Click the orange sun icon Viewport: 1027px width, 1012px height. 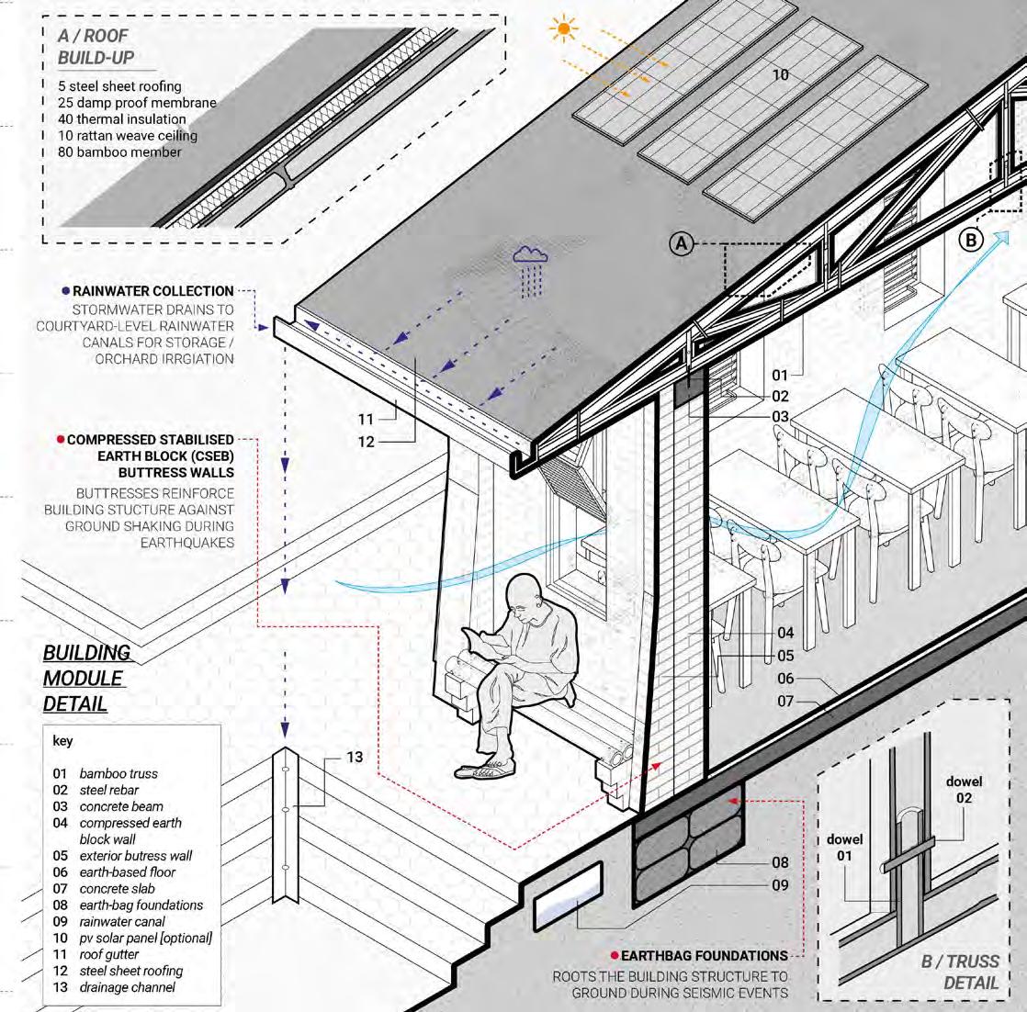[x=563, y=29]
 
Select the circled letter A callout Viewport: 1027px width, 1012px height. [x=681, y=243]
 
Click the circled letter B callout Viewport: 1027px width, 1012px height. [x=971, y=241]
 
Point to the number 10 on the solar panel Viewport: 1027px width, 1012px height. [x=780, y=74]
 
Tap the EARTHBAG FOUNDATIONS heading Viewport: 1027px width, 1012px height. [x=704, y=956]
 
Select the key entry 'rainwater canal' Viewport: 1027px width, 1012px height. [x=122, y=921]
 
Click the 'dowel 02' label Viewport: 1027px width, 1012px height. [x=964, y=790]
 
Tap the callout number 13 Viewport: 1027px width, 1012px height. [x=355, y=757]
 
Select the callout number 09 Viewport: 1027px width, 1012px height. [x=780, y=885]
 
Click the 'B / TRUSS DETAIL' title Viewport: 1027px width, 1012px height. [x=961, y=972]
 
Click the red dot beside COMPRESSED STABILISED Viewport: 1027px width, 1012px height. [x=61, y=440]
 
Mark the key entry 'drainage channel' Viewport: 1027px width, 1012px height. [x=127, y=987]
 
